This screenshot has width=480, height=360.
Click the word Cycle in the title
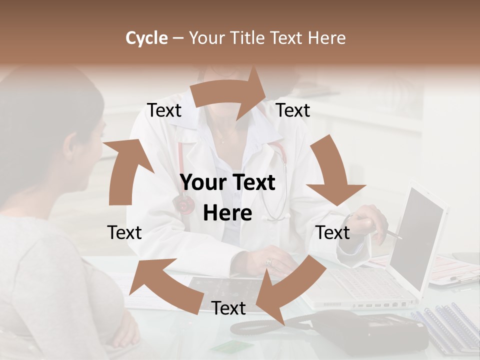[x=146, y=38]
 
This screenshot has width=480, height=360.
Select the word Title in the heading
[x=247, y=38]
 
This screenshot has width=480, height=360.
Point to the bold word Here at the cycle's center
[x=227, y=213]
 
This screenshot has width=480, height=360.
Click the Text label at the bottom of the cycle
[x=228, y=308]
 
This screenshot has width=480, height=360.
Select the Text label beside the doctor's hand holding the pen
[x=332, y=232]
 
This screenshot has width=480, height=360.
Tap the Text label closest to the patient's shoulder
[x=124, y=232]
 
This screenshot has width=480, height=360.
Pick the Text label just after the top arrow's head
[x=293, y=110]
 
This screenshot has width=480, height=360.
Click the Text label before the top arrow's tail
[x=164, y=110]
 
